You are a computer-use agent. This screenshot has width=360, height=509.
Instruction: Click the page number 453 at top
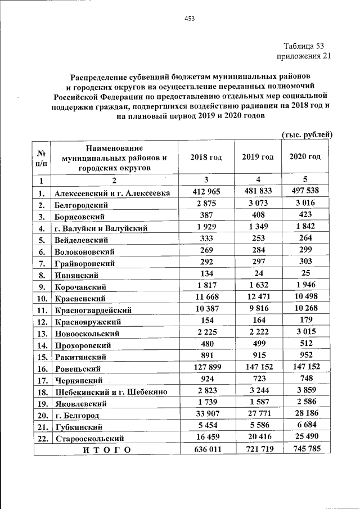pos(190,19)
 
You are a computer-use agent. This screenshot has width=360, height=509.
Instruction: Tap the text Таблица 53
pos(304,46)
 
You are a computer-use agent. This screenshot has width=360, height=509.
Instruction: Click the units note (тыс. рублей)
pos(307,134)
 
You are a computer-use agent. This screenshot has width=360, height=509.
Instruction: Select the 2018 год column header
pos(206,157)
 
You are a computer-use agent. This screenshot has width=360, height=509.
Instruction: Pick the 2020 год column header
pos(305,156)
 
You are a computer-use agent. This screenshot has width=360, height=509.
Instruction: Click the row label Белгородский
pos(82,205)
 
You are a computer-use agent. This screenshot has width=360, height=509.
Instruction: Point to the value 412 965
pos(206,192)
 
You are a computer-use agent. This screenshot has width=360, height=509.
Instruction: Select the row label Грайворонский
pos(85,263)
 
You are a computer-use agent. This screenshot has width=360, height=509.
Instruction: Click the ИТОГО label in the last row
pos(106,449)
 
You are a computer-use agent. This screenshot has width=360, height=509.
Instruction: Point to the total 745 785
pos(305,449)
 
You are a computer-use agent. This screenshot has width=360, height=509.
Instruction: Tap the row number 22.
pos(42,438)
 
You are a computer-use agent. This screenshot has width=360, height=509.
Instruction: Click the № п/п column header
pos(41,157)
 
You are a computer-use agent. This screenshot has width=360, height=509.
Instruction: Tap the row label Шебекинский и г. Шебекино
pos(110,392)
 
